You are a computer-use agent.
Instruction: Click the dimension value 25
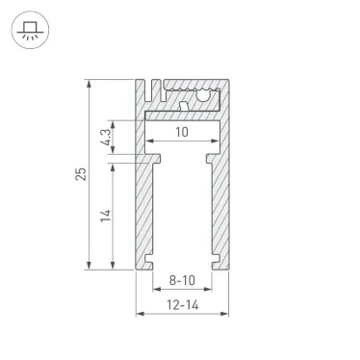[x=83, y=172]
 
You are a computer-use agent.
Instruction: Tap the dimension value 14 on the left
[x=106, y=215]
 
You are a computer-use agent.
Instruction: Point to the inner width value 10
[x=183, y=133]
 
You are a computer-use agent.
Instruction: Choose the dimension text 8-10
[x=183, y=281]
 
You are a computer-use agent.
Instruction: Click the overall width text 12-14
[x=183, y=303]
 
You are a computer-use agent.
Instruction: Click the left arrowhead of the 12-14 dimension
[x=138, y=314]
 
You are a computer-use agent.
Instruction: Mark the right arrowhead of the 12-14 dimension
[x=227, y=314]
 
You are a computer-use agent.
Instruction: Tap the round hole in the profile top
[x=203, y=96]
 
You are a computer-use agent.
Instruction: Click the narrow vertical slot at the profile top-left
[x=149, y=92]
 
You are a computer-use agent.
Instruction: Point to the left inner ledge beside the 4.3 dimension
[x=150, y=154]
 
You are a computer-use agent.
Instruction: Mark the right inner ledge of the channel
[x=214, y=154]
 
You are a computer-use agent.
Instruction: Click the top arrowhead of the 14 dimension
[x=114, y=164]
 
